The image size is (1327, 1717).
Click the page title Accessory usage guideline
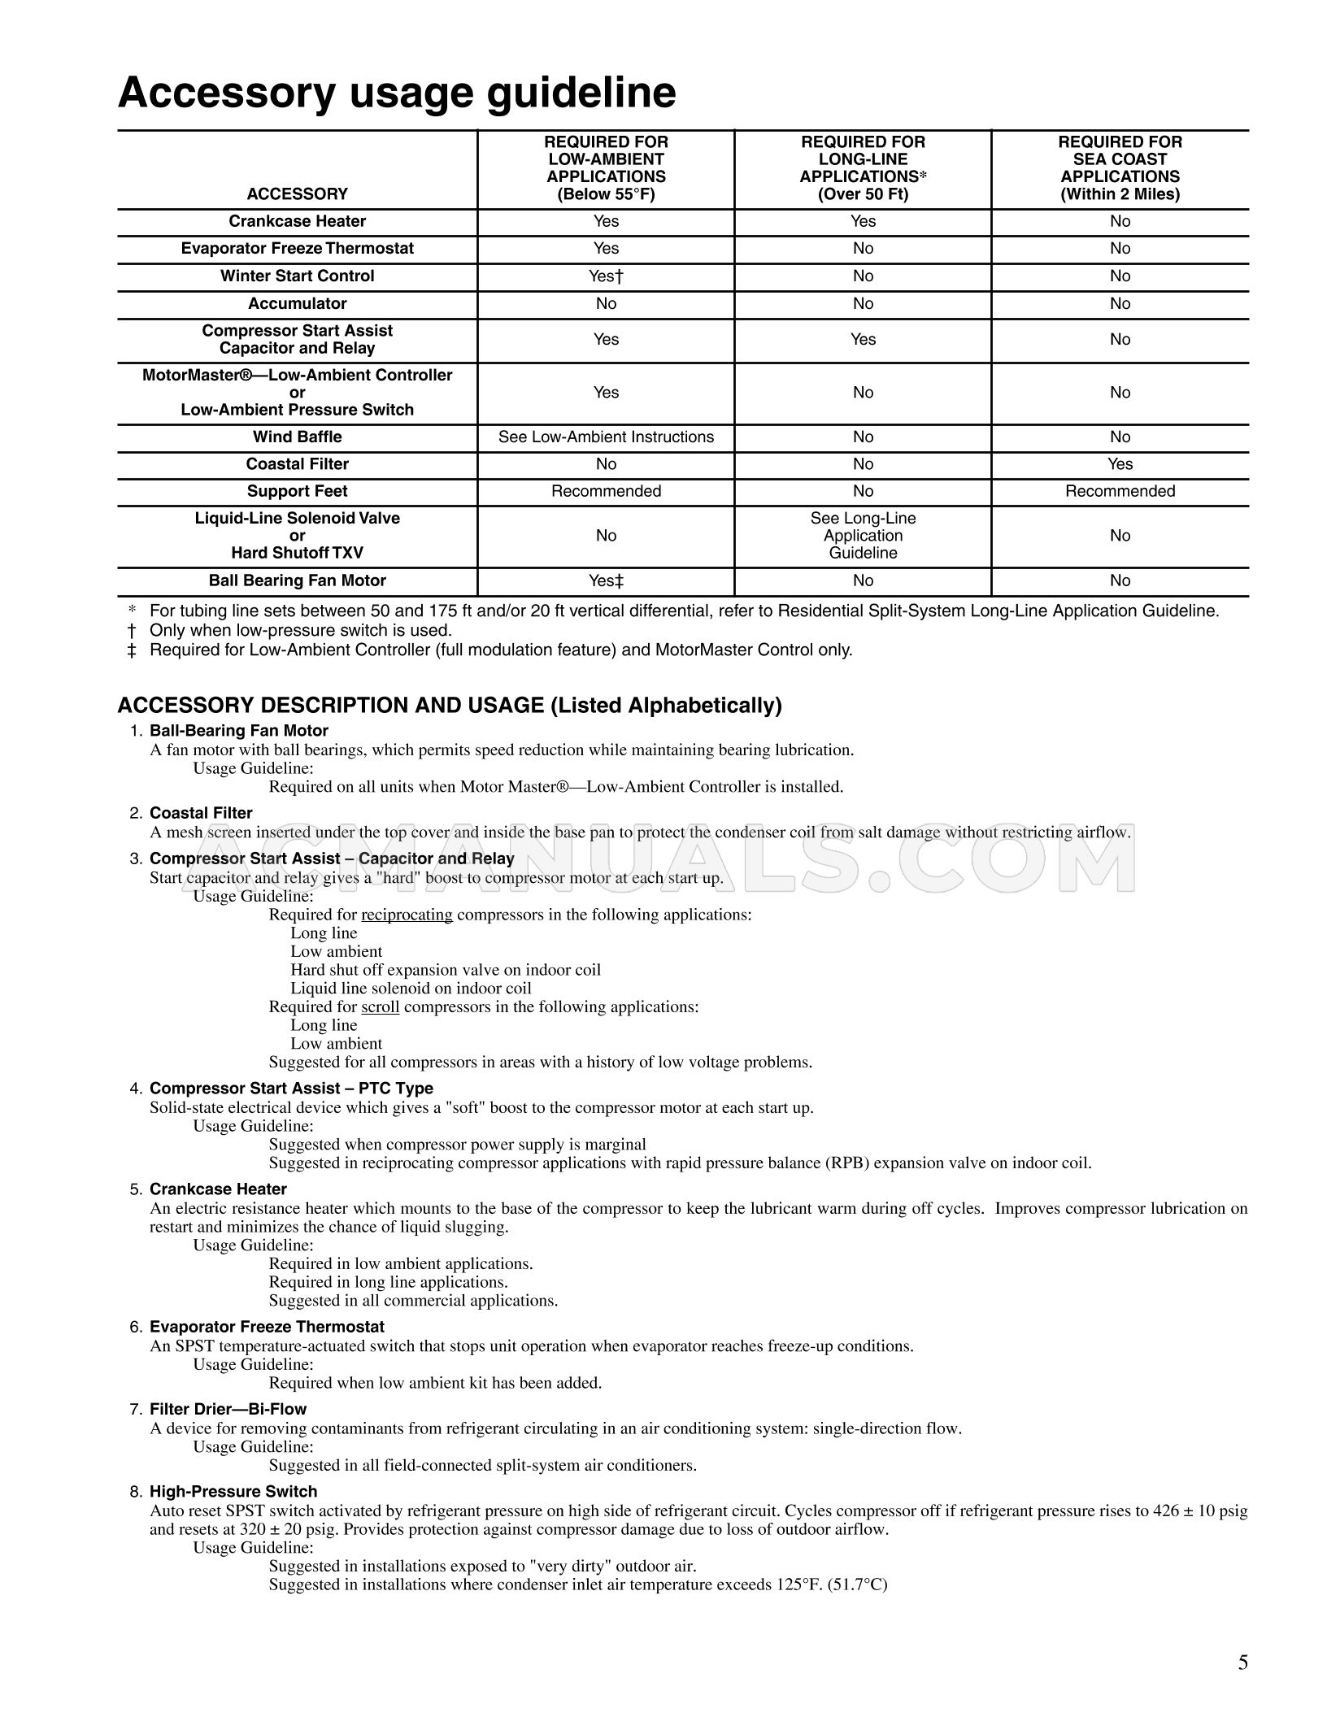(397, 93)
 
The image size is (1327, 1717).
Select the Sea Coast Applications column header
(1120, 168)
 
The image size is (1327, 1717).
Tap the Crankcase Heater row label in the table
(297, 221)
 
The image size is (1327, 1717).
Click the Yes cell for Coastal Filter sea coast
(1120, 464)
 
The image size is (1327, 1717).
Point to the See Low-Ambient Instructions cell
(606, 437)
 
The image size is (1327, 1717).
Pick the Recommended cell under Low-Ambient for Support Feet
(606, 491)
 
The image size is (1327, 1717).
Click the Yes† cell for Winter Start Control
(606, 276)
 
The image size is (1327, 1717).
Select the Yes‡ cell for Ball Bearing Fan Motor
(606, 580)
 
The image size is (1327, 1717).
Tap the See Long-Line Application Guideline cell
(863, 536)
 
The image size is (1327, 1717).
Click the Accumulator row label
(297, 303)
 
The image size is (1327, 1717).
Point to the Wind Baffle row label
(297, 437)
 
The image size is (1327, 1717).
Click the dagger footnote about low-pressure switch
(300, 630)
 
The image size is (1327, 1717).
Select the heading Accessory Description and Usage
(450, 705)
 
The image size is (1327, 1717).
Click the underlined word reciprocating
(407, 915)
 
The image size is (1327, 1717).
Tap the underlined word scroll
(380, 1006)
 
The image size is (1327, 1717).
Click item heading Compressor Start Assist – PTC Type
(291, 1089)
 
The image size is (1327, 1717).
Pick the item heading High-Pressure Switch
(233, 1492)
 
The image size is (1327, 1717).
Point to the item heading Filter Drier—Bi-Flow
(228, 1409)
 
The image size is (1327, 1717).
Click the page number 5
(1242, 1663)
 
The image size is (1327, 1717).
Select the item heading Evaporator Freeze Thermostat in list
(267, 1327)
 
